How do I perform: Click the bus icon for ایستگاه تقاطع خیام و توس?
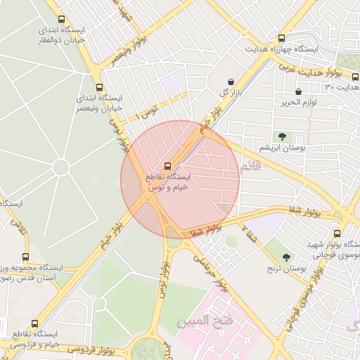(167, 165)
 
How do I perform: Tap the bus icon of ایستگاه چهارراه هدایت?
(281, 38)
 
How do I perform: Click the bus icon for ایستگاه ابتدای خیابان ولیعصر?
(98, 87)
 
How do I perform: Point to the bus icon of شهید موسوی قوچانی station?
(337, 233)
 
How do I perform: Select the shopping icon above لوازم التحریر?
(298, 91)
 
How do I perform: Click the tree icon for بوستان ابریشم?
(282, 136)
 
